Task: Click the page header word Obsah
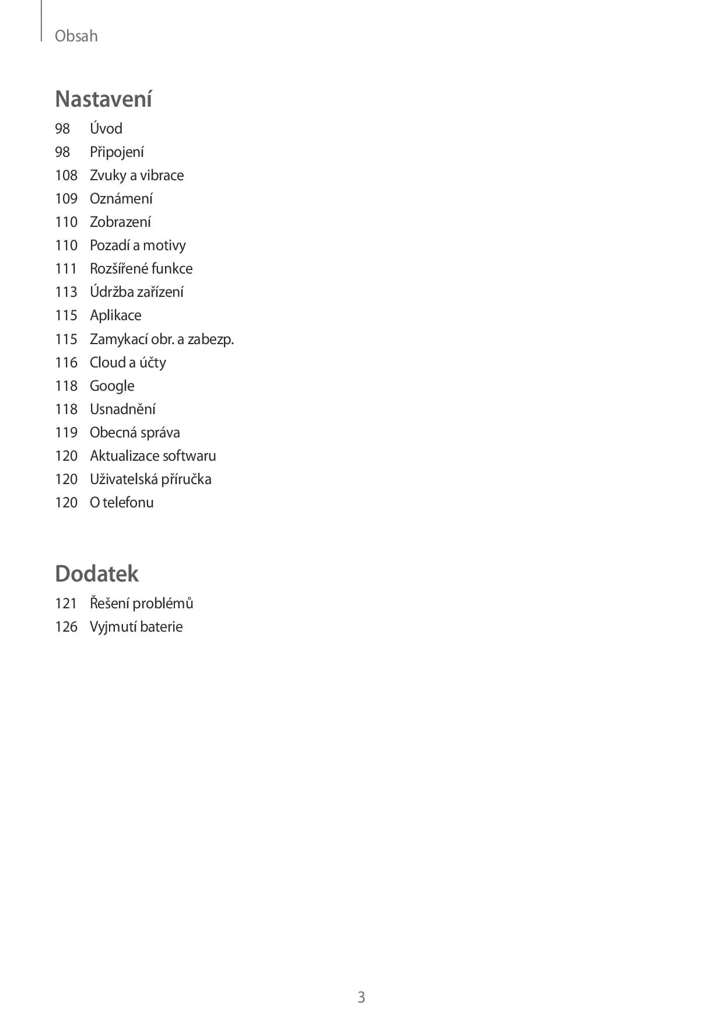76,36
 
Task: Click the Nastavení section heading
103,99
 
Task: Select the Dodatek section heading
97,574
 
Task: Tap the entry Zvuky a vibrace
136,176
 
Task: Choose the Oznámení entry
121,199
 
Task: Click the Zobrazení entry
120,222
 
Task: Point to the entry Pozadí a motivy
138,246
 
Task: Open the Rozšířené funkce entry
141,269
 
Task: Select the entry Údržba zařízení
136,292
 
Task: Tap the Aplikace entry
115,316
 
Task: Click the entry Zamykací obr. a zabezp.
162,339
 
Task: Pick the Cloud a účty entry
128,363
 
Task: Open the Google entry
112,386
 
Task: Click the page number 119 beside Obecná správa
66,433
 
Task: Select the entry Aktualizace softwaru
153,456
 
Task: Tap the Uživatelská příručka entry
150,479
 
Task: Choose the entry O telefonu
121,503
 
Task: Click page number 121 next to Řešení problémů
66,604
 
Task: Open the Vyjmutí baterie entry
136,627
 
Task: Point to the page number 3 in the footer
361,997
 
